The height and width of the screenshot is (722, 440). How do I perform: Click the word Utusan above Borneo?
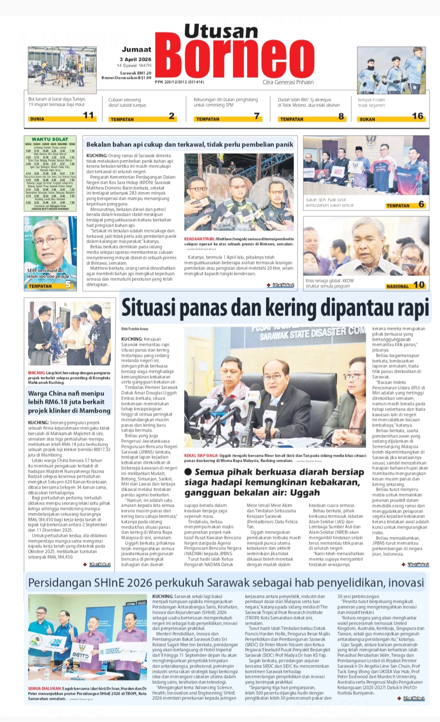[221, 31]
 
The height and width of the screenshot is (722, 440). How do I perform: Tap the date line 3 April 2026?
[135, 59]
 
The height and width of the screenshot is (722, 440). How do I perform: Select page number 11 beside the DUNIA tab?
[89, 115]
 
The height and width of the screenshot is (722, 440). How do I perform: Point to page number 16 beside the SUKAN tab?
[417, 116]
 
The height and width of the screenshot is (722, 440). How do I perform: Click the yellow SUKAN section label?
[367, 119]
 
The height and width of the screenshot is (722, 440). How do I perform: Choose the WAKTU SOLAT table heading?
[50, 139]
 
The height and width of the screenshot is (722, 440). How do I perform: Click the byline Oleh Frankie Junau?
[135, 329]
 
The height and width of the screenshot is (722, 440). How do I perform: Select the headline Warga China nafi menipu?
[66, 393]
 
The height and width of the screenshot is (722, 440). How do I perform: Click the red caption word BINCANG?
[37, 373]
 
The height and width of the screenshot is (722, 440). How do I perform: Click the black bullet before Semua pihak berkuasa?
[188, 472]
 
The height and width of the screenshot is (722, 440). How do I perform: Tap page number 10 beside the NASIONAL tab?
[419, 285]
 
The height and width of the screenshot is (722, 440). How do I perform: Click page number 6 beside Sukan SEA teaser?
[421, 204]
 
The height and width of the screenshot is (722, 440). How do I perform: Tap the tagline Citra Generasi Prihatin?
[288, 82]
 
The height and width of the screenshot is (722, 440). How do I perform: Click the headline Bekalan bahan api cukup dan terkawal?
[190, 144]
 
